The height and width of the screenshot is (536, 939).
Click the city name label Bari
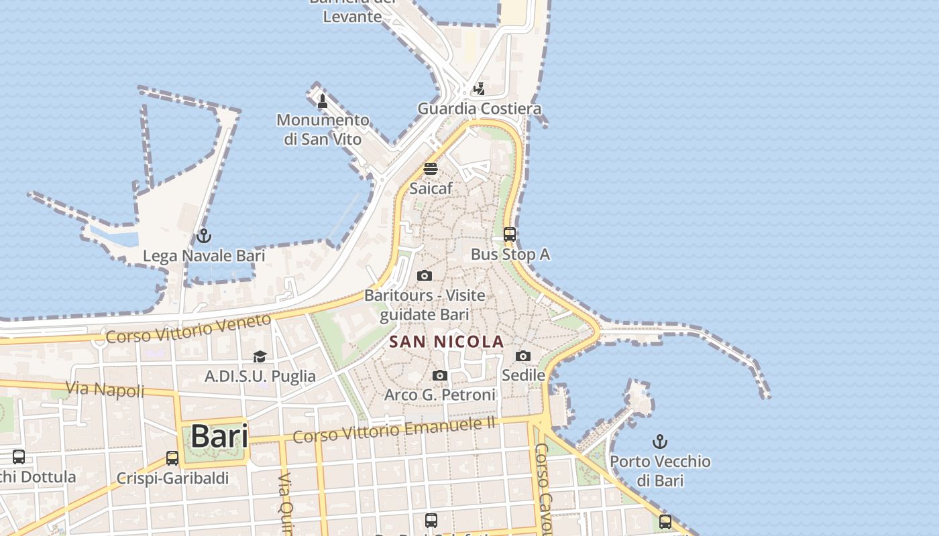[x=219, y=436]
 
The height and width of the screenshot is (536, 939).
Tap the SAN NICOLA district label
[x=447, y=342]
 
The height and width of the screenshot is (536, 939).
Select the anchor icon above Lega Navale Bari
[x=203, y=236]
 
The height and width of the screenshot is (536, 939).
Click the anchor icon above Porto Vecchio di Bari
[x=661, y=442]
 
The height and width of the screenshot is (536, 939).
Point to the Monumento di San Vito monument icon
[x=323, y=101]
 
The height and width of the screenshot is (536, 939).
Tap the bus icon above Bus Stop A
[x=510, y=234]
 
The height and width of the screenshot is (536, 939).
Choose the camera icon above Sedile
[x=523, y=356]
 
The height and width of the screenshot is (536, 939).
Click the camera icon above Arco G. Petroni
[x=440, y=376]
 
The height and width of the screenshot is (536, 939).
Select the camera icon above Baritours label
[x=425, y=276]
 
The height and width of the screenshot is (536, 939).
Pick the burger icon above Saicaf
[x=431, y=169]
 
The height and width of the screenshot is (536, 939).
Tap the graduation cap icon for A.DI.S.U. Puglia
[x=260, y=357]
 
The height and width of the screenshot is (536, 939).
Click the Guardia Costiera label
[x=479, y=109]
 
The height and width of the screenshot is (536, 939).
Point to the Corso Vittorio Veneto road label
[x=188, y=329]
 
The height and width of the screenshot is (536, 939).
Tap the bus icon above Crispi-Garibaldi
[x=172, y=458]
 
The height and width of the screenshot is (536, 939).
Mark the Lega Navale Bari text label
[x=204, y=256]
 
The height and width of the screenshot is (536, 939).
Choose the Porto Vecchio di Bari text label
[x=660, y=470]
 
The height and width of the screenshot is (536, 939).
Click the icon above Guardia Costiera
[x=479, y=88]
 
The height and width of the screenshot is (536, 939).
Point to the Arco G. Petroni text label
[x=440, y=395]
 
